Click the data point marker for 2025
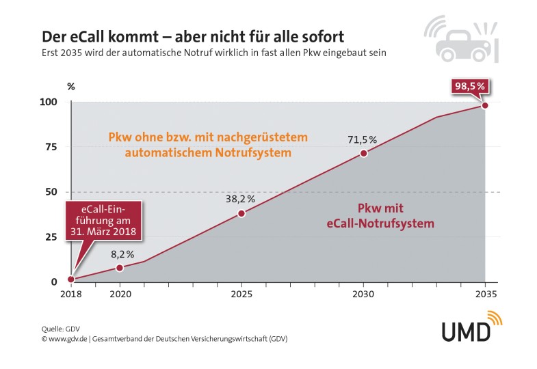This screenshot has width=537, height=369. click(241, 213)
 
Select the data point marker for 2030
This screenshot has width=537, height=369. click(363, 153)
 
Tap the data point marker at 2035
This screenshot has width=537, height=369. click(484, 105)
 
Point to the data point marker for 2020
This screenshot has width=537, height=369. click(120, 268)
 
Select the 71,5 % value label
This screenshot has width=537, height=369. click(363, 139)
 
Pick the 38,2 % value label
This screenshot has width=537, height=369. click(241, 199)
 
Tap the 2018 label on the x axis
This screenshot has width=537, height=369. click(71, 293)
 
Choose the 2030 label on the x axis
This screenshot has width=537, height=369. click(363, 293)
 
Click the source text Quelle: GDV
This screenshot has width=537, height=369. click(61, 329)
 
